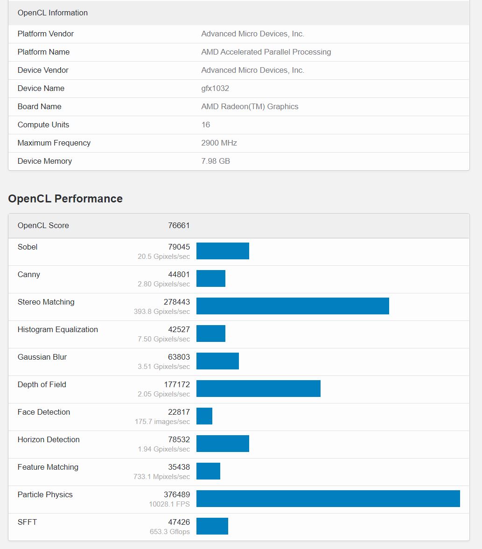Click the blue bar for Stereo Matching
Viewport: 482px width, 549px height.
[x=293, y=306]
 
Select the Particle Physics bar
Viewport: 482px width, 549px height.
[x=328, y=499]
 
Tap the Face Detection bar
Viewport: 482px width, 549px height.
[x=204, y=416]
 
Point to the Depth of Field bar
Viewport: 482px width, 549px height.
[x=258, y=389]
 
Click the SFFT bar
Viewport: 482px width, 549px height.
[x=212, y=526]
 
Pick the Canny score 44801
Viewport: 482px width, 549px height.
[x=179, y=274]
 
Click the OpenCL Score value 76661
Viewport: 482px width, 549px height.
[x=179, y=225]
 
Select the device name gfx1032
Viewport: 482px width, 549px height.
[x=215, y=89]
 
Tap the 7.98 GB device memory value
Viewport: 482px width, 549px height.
[x=216, y=161]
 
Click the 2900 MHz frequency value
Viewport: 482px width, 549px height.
[x=219, y=143]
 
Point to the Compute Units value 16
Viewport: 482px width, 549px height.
[x=206, y=125]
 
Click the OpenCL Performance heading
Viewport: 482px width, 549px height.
[x=65, y=199]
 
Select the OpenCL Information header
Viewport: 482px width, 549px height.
[x=53, y=13]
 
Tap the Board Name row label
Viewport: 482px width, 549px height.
[x=40, y=106]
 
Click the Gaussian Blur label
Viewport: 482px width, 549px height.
[x=42, y=357]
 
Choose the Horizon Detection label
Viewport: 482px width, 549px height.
[x=49, y=440]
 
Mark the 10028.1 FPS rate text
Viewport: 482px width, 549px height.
[x=169, y=504]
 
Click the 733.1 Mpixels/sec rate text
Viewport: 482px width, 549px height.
[x=161, y=477]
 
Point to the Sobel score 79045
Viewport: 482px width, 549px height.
[x=179, y=247]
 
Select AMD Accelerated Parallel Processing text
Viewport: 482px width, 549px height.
[x=266, y=52]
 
